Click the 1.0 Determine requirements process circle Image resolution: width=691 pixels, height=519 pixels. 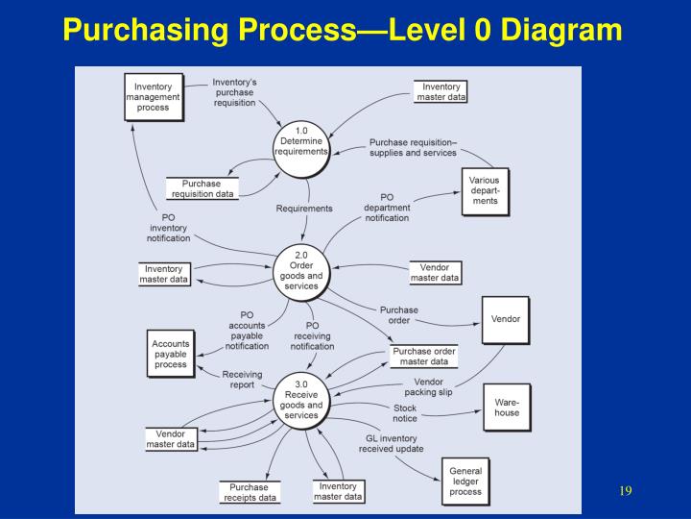pyautogui.click(x=302, y=150)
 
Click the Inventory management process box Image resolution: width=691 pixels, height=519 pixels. pyautogui.click(x=153, y=97)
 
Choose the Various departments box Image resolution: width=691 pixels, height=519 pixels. pyautogui.click(x=485, y=190)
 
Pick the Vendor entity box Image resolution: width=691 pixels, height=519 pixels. pyautogui.click(x=506, y=320)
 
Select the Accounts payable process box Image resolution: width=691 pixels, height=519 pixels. pyautogui.click(x=171, y=354)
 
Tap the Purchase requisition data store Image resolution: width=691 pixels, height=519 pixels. pyautogui.click(x=202, y=188)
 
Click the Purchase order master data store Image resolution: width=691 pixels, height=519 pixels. pyautogui.click(x=423, y=357)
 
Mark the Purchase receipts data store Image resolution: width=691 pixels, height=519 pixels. pyautogui.click(x=250, y=492)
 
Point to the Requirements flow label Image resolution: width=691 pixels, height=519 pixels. pyautogui.click(x=304, y=208)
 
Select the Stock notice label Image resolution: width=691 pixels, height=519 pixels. pyautogui.click(x=405, y=413)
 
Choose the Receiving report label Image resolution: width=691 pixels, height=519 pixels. pyautogui.click(x=238, y=380)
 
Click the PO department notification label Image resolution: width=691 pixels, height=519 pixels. pyautogui.click(x=387, y=208)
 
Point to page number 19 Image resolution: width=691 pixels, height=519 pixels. pyautogui.click(x=625, y=491)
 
